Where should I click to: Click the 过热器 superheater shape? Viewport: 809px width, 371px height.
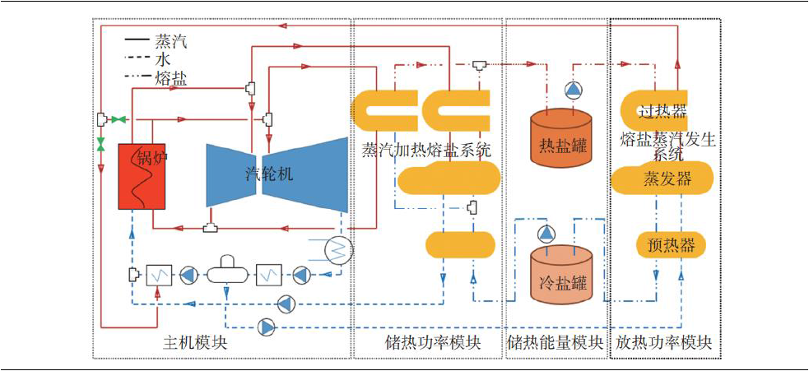point(663,110)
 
